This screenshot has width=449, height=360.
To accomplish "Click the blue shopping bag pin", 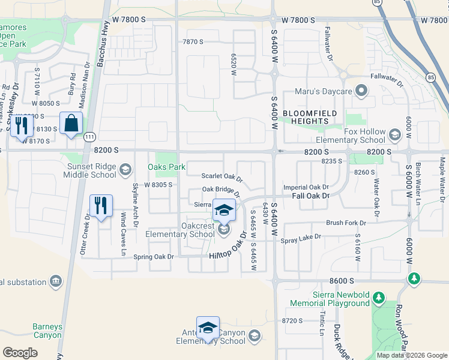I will click(71, 124).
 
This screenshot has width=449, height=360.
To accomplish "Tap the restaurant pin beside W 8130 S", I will click(22, 125).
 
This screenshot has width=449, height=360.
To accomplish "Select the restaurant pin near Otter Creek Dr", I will click(101, 206).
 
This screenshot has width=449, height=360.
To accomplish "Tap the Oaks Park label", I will click(167, 166).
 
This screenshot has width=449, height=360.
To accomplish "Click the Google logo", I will click(20, 352).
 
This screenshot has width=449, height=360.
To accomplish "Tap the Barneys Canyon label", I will click(47, 331).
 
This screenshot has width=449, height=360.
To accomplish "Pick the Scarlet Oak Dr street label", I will click(221, 178).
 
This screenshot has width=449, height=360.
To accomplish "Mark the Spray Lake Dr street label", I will click(301, 239).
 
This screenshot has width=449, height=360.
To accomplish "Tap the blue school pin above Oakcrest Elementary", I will click(224, 210).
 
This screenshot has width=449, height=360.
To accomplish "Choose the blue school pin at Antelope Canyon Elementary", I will click(208, 328).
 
